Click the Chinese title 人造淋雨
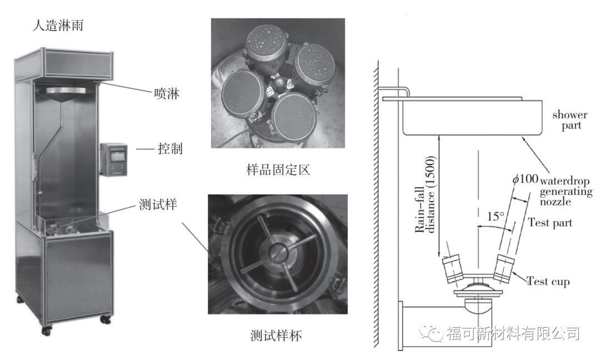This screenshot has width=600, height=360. tap(58, 26)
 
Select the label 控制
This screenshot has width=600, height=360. tap(170, 149)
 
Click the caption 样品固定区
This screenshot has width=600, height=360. tap(278, 169)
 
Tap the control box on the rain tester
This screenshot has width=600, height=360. tap(113, 159)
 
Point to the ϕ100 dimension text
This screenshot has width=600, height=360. tap(524, 179)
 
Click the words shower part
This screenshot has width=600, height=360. tap(570, 121)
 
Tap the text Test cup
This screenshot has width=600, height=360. tap(548, 282)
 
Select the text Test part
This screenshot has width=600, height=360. tap(550, 223)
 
